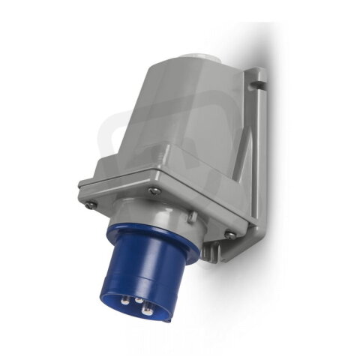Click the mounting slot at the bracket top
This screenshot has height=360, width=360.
click(260, 75)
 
